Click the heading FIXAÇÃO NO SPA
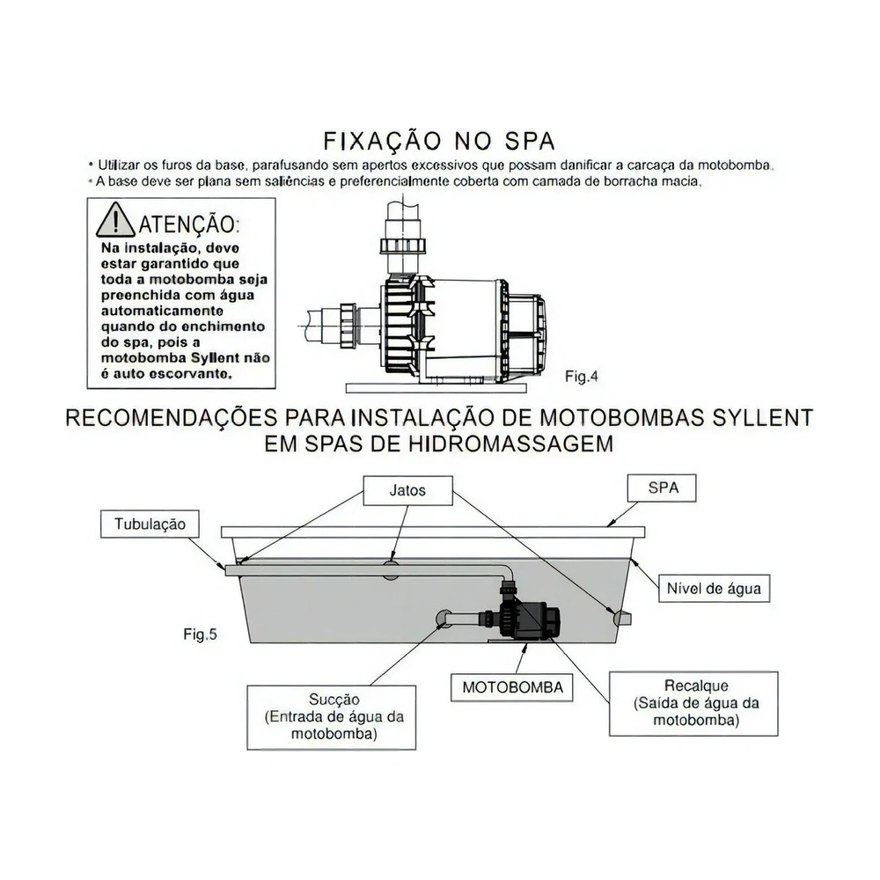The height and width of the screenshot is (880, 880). pyautogui.click(x=439, y=142)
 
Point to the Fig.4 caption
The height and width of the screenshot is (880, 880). pyautogui.click(x=581, y=377)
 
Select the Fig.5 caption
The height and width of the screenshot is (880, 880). pyautogui.click(x=201, y=634)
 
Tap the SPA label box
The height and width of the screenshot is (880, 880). pyautogui.click(x=662, y=488)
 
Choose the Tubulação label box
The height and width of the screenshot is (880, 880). pyautogui.click(x=150, y=524)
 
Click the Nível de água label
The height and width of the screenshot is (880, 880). pyautogui.click(x=713, y=588)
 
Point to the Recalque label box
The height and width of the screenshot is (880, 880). pyautogui.click(x=693, y=703)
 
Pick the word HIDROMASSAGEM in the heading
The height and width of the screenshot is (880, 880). pyautogui.click(x=524, y=444)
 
